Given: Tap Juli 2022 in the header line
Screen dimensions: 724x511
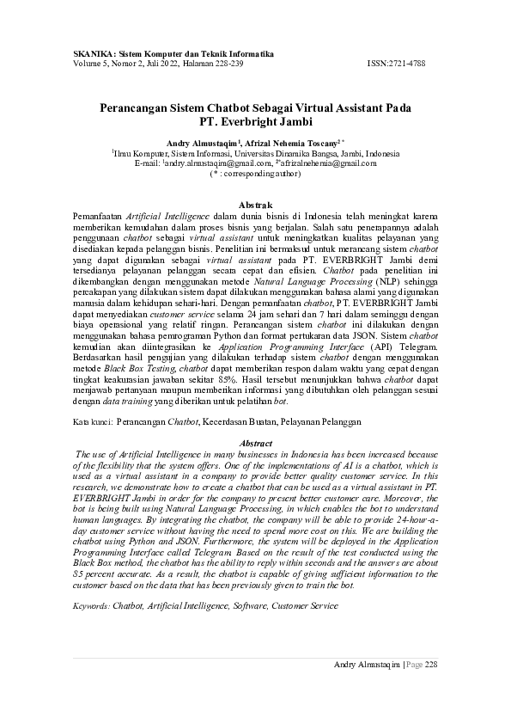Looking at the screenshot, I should [154, 64].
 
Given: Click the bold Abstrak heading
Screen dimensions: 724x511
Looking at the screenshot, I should [254, 203].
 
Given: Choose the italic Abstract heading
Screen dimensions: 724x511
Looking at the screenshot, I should [255, 443].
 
